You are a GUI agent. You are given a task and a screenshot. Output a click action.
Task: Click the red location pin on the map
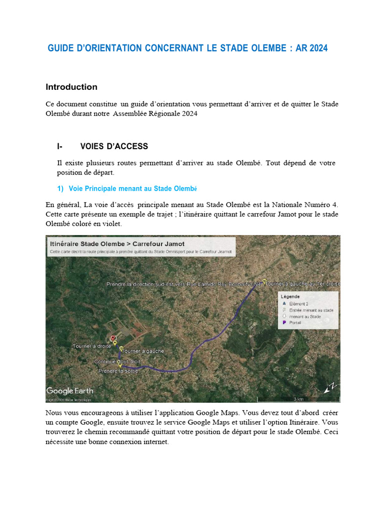[x=113, y=338]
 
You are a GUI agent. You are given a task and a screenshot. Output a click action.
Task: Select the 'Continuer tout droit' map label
[x=117, y=361]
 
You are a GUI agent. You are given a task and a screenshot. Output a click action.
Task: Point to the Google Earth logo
[x=69, y=391]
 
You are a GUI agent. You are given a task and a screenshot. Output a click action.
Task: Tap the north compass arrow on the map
[x=330, y=388]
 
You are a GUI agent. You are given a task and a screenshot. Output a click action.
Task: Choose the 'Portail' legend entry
[x=295, y=323]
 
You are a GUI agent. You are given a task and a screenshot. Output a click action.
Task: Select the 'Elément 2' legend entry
[x=298, y=303]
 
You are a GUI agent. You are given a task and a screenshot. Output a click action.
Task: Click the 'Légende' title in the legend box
[x=290, y=296]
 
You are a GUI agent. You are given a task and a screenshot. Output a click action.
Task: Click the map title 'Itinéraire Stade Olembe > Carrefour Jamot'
[x=117, y=244]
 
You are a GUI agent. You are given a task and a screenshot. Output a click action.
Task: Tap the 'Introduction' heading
[x=71, y=87]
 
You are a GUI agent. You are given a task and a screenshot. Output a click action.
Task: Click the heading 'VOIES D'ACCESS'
[x=114, y=146]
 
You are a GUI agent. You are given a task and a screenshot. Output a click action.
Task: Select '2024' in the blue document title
[x=318, y=48]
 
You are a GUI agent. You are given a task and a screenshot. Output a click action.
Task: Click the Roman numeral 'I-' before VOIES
[x=60, y=146]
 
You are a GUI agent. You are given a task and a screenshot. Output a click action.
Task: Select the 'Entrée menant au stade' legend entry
[x=311, y=310]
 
